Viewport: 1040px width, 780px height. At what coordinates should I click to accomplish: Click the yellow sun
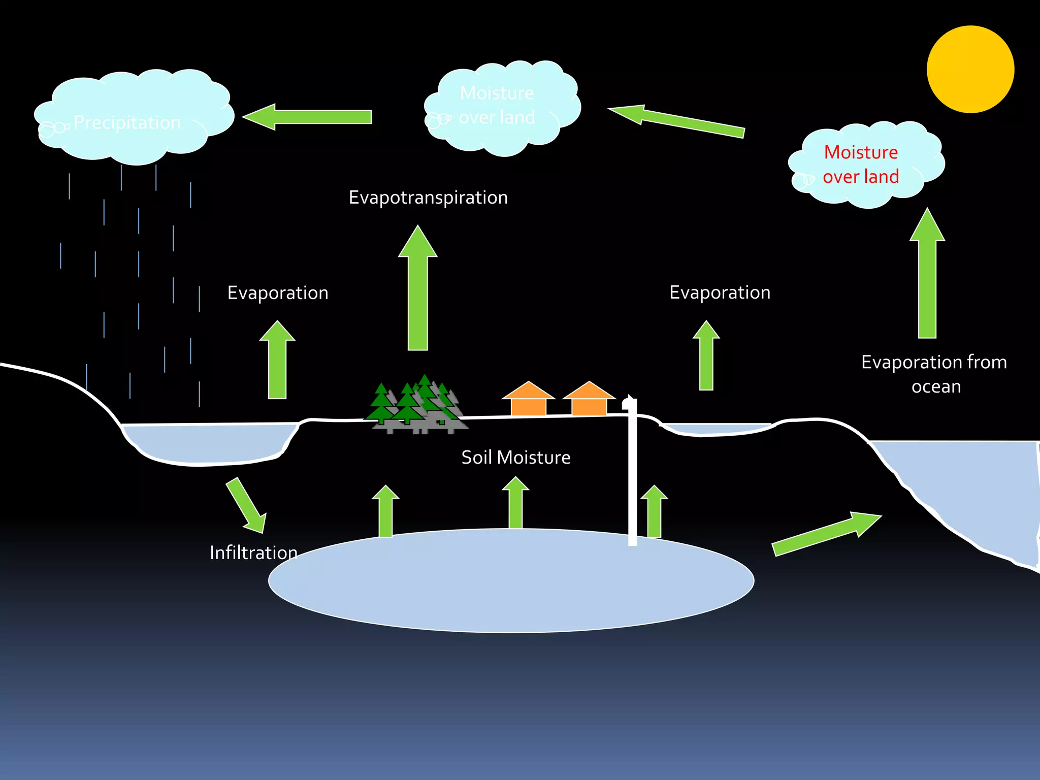click(970, 69)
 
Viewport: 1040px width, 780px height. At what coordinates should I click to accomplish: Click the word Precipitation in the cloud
click(127, 123)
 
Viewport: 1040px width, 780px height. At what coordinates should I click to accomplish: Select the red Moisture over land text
click(861, 165)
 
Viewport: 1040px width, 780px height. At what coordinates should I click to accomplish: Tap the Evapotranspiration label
click(428, 198)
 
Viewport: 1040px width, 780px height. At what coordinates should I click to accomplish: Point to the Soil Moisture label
click(515, 458)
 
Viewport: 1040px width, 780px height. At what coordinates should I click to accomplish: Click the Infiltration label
click(253, 552)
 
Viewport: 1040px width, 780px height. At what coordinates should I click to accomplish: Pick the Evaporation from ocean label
click(934, 374)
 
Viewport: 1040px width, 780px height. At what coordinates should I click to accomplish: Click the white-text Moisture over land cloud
click(500, 107)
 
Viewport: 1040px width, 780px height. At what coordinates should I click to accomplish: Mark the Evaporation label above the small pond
click(720, 293)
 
